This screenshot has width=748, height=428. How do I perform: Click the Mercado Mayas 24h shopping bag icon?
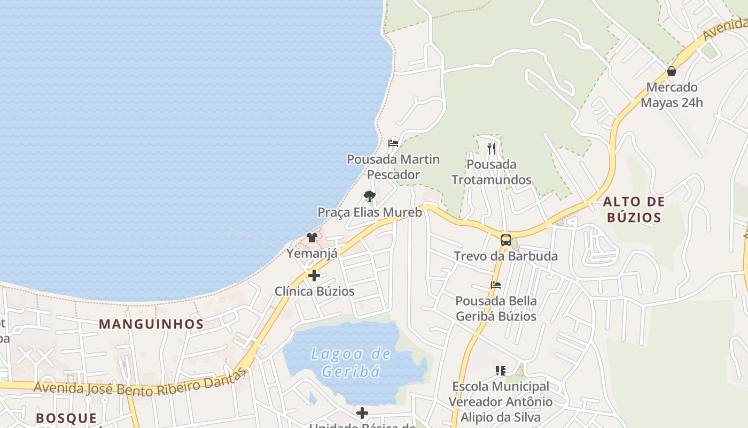(672, 71)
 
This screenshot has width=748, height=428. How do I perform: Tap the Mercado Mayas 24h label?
(672, 95)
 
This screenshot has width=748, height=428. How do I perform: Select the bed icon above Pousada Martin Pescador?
(393, 143)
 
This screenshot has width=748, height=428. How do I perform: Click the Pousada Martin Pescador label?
(393, 167)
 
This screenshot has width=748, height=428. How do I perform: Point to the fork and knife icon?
(492, 148)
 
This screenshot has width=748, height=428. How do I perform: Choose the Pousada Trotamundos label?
(492, 172)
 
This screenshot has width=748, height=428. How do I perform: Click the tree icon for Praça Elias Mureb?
(369, 196)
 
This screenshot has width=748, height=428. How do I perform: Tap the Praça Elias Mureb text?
(370, 212)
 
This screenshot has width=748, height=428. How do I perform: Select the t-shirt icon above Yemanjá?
(312, 237)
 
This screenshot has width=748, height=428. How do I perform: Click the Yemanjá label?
(312, 253)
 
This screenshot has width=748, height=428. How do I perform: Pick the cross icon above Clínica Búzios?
(314, 276)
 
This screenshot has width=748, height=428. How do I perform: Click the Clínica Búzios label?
(314, 292)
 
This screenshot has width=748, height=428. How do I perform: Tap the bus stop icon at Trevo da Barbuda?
(505, 240)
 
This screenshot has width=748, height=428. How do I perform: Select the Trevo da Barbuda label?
(505, 256)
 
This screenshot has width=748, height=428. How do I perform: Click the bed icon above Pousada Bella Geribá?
(496, 285)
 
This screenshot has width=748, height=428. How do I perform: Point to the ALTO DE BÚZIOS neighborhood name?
(634, 210)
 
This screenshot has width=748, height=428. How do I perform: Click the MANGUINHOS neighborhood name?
(151, 324)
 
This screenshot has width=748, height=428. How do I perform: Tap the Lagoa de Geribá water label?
(352, 362)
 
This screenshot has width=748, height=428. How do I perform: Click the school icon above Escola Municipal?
(500, 370)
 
